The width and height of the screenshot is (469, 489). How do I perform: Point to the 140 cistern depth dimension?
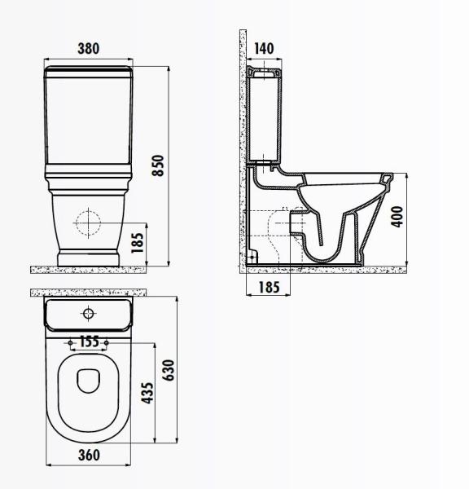click(x=264, y=49)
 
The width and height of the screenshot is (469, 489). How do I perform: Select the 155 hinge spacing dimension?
click(x=90, y=342)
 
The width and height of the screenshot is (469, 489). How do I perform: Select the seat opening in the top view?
click(x=89, y=381)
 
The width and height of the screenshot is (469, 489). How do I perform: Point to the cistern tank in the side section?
click(x=264, y=114)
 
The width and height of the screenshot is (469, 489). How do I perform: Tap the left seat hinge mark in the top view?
click(x=72, y=340)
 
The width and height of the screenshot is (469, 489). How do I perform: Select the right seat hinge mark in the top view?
click(x=106, y=340)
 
